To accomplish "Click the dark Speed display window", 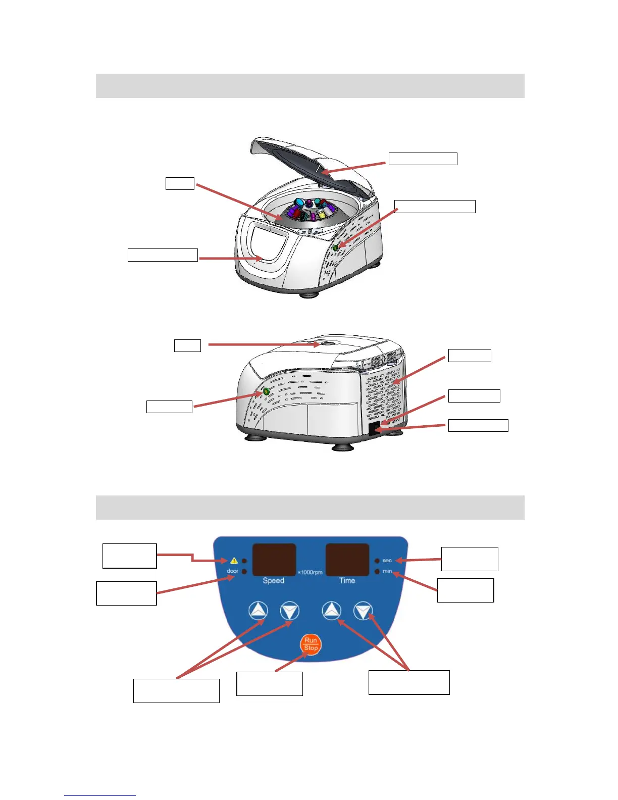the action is pyautogui.click(x=274, y=560).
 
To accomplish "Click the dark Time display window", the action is pyautogui.click(x=347, y=560).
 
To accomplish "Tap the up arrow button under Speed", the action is pyautogui.click(x=258, y=612).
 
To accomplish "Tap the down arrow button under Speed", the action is pyautogui.click(x=289, y=612).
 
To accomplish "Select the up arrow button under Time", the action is pyautogui.click(x=331, y=612).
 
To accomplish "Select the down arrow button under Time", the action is pyautogui.click(x=363, y=612).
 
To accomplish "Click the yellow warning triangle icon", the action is pyautogui.click(x=234, y=561).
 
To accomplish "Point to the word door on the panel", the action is pyautogui.click(x=232, y=571).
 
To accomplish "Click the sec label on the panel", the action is pyautogui.click(x=387, y=561).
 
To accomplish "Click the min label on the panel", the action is pyautogui.click(x=387, y=571).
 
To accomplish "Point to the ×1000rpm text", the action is pyautogui.click(x=310, y=572).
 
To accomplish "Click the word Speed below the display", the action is pyautogui.click(x=274, y=581).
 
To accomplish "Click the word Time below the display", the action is pyautogui.click(x=347, y=581).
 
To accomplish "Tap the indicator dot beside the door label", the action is pyautogui.click(x=245, y=571).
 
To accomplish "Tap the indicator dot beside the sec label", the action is pyautogui.click(x=377, y=561).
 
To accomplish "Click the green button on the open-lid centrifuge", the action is pyautogui.click(x=335, y=247).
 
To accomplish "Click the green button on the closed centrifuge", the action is pyautogui.click(x=266, y=392).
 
